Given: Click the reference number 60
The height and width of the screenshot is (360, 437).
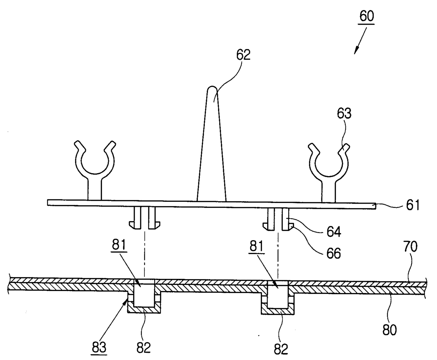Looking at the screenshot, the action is pyautogui.click(x=367, y=16).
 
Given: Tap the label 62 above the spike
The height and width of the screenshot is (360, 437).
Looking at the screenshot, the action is pyautogui.click(x=243, y=55).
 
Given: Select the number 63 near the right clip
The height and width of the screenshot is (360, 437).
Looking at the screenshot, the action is pyautogui.click(x=344, y=113).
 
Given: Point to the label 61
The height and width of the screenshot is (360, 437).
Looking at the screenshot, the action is pyautogui.click(x=413, y=205).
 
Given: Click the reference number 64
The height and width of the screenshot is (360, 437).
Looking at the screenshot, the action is pyautogui.click(x=334, y=232).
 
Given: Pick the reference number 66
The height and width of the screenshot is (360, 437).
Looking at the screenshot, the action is pyautogui.click(x=334, y=253).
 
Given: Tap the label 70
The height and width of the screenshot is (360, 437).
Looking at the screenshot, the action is pyautogui.click(x=410, y=247).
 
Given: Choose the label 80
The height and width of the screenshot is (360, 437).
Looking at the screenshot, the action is pyautogui.click(x=389, y=330).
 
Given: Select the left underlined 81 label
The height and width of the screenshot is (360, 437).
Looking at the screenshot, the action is pyautogui.click(x=119, y=244).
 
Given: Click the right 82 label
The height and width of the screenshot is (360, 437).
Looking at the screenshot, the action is pyautogui.click(x=281, y=348).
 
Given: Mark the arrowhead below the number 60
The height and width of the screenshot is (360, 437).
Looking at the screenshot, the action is pyautogui.click(x=356, y=50).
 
